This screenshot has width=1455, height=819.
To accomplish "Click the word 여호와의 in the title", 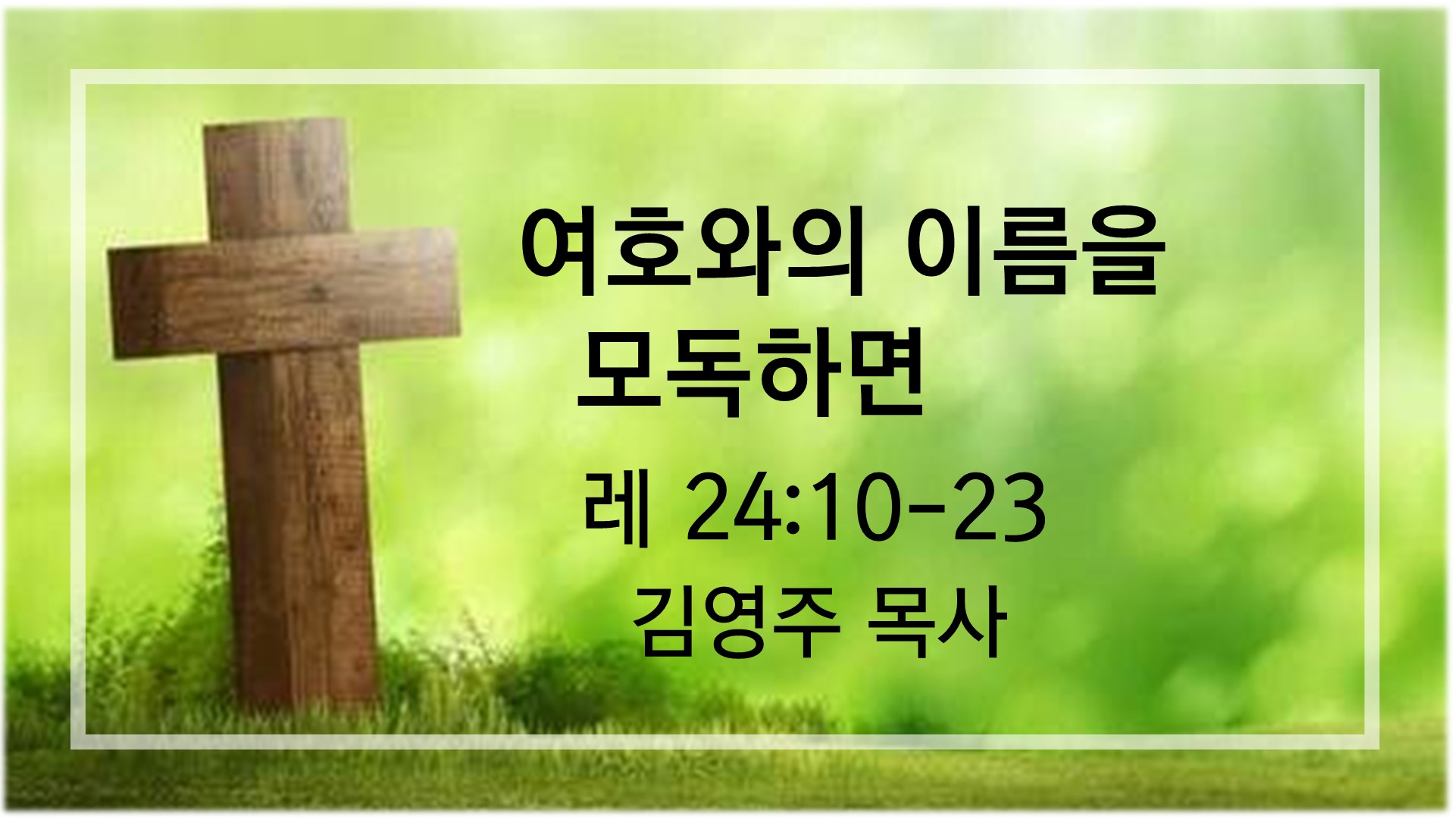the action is (x=693, y=255).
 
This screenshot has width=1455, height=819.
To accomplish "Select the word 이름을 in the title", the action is (x=1032, y=255).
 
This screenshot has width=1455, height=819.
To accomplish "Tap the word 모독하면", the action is (x=750, y=372).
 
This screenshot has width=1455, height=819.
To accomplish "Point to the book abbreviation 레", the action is (x=618, y=507).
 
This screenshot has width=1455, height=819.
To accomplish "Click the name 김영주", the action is (x=735, y=622).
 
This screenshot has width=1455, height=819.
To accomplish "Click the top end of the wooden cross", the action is (x=276, y=121).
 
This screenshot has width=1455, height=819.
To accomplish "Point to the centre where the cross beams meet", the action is (x=286, y=292).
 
